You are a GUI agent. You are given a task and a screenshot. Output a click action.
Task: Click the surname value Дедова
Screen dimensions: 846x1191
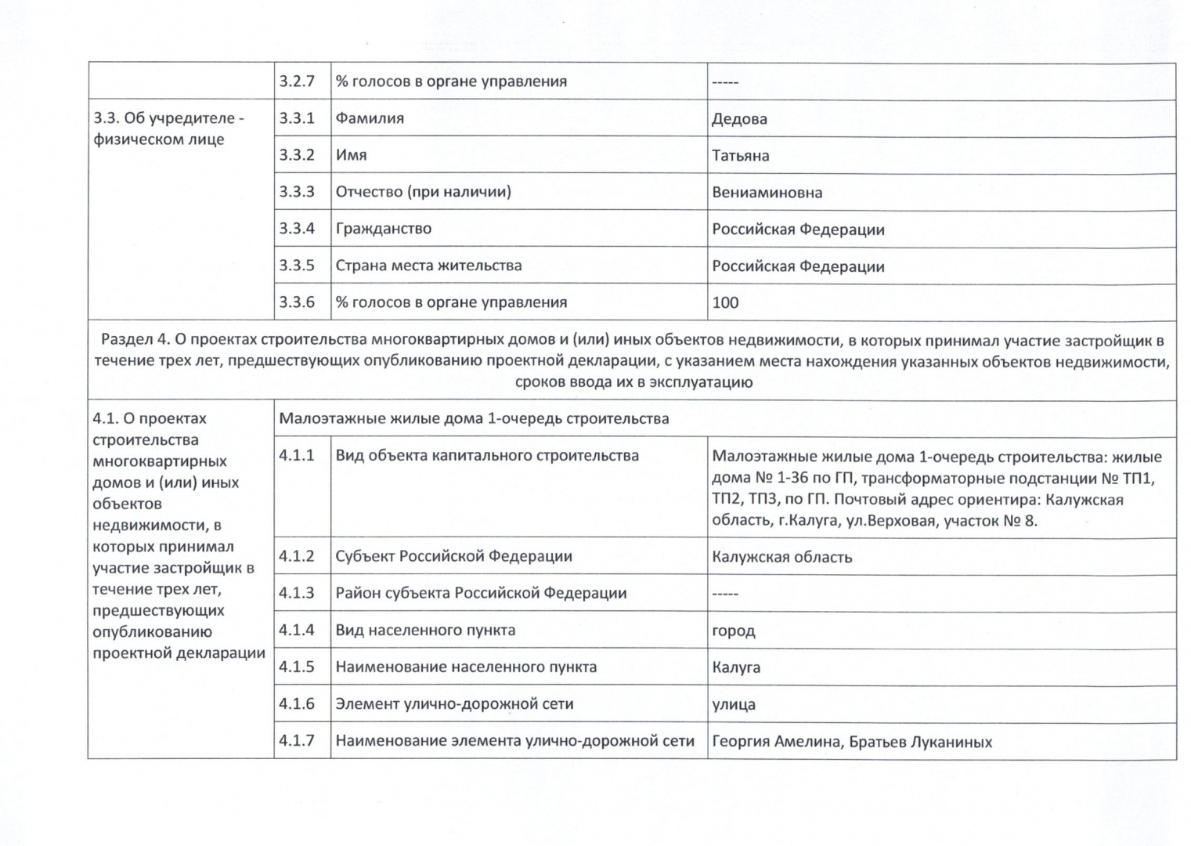(x=739, y=119)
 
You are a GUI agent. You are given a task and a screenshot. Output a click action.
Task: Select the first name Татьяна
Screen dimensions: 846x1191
(x=740, y=156)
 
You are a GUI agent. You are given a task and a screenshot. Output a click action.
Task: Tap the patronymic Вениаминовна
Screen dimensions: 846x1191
(x=767, y=193)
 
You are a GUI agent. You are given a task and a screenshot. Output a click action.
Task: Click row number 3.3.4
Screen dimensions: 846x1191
(x=297, y=229)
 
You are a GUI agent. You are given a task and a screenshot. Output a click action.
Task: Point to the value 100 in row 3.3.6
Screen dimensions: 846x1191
(x=725, y=303)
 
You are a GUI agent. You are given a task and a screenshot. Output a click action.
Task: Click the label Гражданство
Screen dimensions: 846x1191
(x=383, y=229)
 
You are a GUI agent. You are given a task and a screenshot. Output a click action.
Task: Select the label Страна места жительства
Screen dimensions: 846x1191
(x=428, y=266)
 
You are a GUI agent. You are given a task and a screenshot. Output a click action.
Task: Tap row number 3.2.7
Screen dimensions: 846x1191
(x=297, y=81)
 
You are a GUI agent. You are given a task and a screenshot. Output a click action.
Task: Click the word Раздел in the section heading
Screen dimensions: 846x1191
(x=126, y=341)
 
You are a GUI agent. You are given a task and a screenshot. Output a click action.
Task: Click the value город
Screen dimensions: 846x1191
(x=733, y=631)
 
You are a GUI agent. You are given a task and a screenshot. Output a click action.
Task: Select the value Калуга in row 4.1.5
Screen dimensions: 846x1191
(x=736, y=668)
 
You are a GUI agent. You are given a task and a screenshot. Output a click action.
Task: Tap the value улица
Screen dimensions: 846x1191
(x=734, y=705)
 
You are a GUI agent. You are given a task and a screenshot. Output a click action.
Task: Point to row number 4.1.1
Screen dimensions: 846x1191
(x=297, y=456)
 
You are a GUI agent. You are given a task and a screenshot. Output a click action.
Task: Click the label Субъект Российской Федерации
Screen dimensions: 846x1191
(x=453, y=557)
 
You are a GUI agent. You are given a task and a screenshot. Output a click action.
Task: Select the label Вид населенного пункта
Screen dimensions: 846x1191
(x=425, y=631)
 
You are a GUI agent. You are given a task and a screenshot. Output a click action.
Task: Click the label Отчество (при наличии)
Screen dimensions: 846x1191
(x=423, y=192)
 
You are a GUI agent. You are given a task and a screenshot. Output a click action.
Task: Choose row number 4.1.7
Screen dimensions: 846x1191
(x=297, y=741)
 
